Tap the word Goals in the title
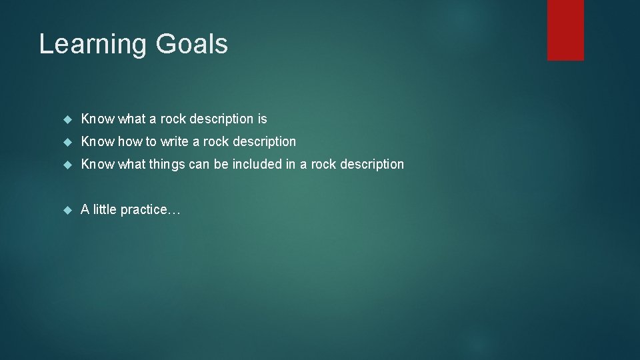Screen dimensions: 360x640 tap(192, 45)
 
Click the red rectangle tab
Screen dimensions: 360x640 tap(565, 30)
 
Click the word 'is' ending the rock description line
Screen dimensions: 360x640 tap(262, 119)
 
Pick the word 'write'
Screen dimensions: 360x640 tap(175, 141)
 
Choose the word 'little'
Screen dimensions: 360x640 tap(105, 209)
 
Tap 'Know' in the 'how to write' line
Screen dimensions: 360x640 tap(97, 141)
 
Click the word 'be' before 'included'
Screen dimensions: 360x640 tap(221, 164)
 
